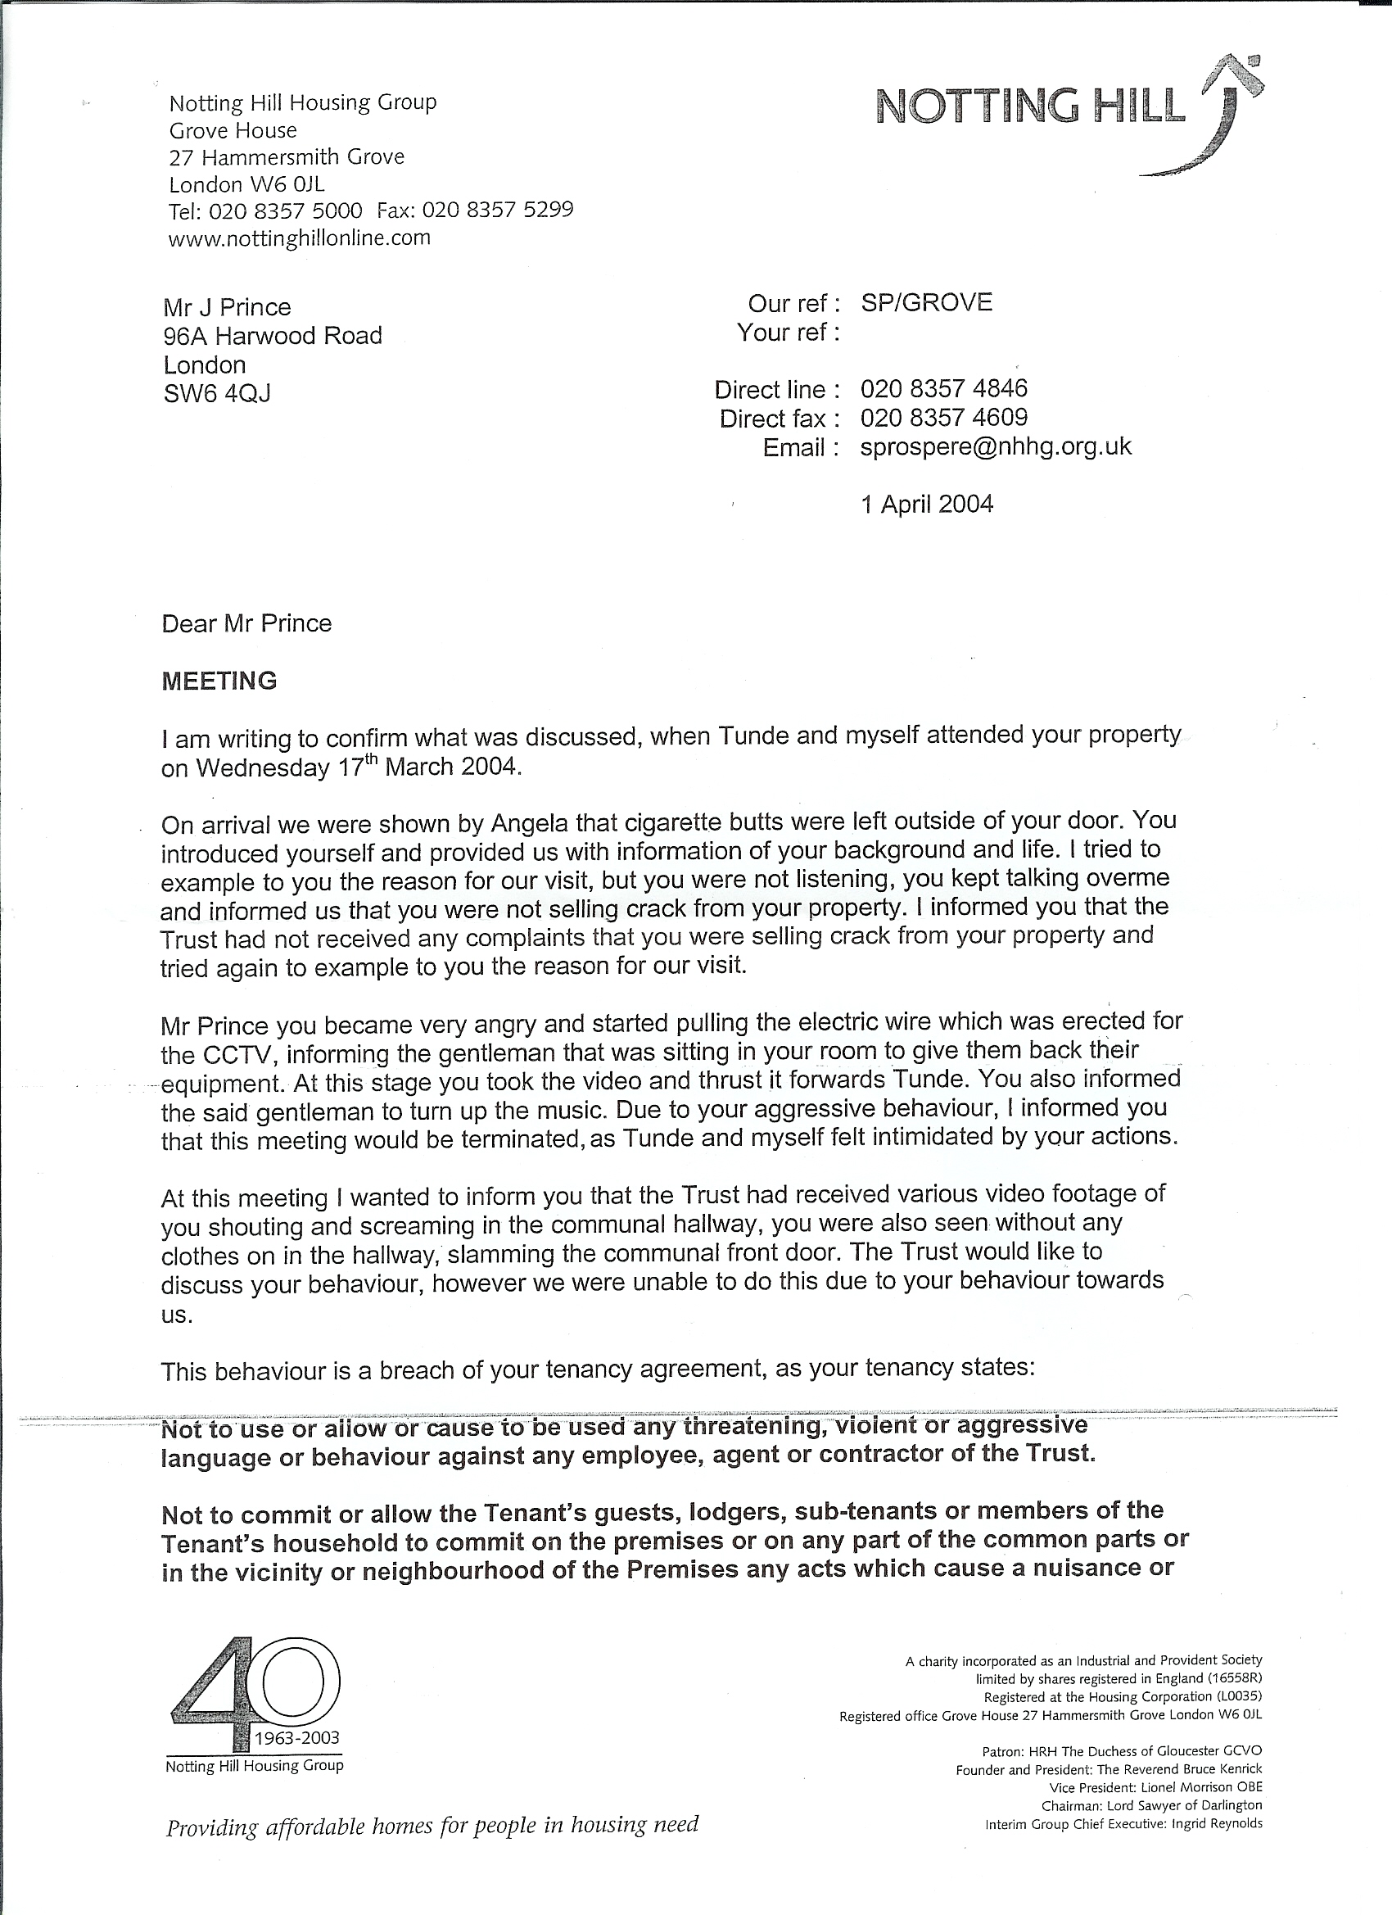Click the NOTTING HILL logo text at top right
1030,106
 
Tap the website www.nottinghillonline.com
300,239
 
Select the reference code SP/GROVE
926,302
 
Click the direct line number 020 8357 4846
944,388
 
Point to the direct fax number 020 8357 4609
944,417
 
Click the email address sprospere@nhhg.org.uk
995,446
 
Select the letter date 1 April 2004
927,504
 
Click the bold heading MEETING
219,681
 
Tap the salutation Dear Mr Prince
246,623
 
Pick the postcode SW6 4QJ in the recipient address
217,393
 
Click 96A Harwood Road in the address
273,336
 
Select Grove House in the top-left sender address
233,131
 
